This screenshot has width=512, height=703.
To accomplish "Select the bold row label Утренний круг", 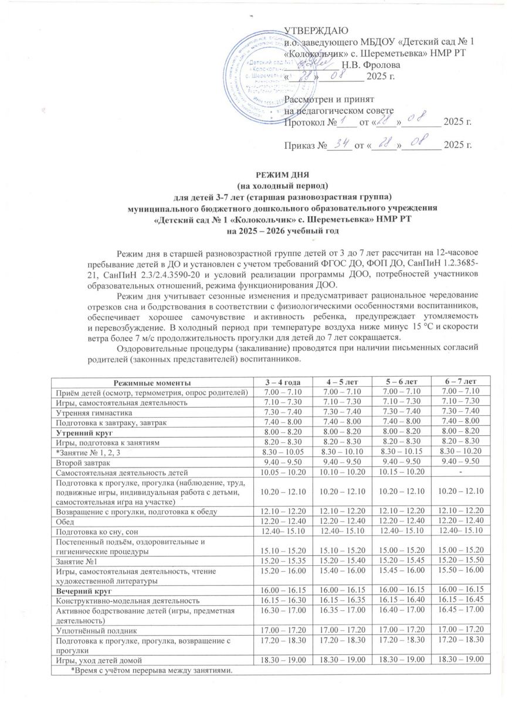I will tap(80, 432).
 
